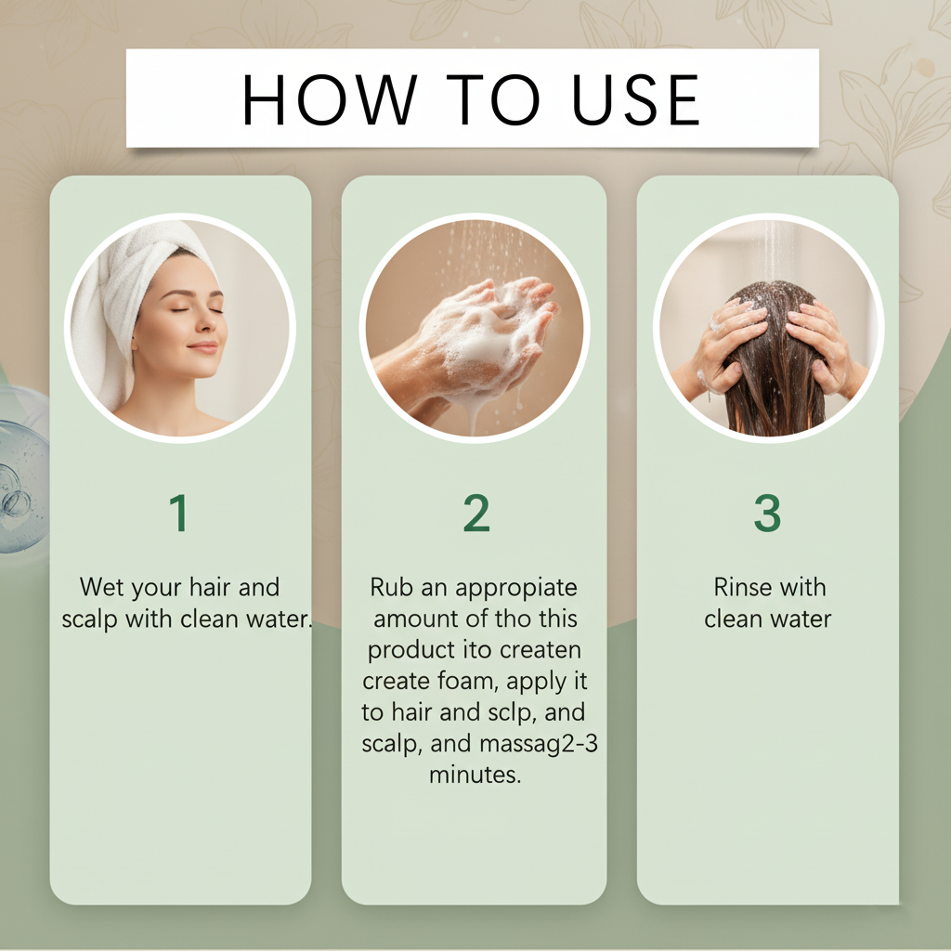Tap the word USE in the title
point(635,100)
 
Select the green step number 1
point(179,513)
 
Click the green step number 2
point(476,513)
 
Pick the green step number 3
point(767,513)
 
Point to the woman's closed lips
point(202,347)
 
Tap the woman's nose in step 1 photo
point(213,320)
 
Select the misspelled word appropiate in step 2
point(516,588)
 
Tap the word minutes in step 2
point(475,775)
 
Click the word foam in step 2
point(468,681)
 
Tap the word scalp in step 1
point(90,619)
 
